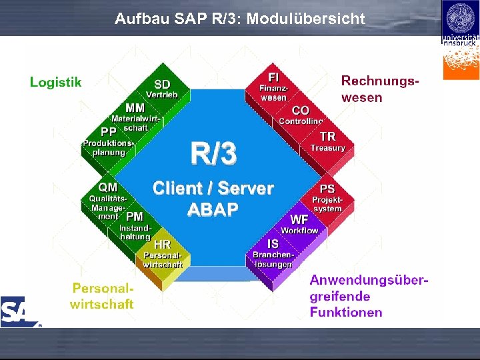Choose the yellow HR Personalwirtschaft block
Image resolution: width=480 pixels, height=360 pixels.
pos(162,255)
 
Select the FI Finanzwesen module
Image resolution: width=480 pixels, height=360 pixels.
pos(273,87)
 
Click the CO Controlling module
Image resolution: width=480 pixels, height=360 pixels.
pos(301,115)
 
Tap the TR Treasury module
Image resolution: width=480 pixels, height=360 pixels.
pos(327,141)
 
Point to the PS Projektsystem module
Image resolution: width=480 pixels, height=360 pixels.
pos(327,199)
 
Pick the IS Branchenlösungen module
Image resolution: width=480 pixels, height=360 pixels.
pos(273,254)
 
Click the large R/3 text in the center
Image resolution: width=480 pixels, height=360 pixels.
pos(213,153)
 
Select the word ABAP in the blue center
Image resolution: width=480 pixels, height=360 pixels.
pos(213,209)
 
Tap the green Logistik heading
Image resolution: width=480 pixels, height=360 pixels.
pos(56,82)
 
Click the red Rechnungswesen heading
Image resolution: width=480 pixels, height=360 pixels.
pos(380,89)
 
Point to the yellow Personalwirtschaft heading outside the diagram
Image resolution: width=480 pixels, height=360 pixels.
pos(103,296)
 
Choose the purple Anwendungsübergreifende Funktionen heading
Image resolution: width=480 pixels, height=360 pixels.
pos(369,296)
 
